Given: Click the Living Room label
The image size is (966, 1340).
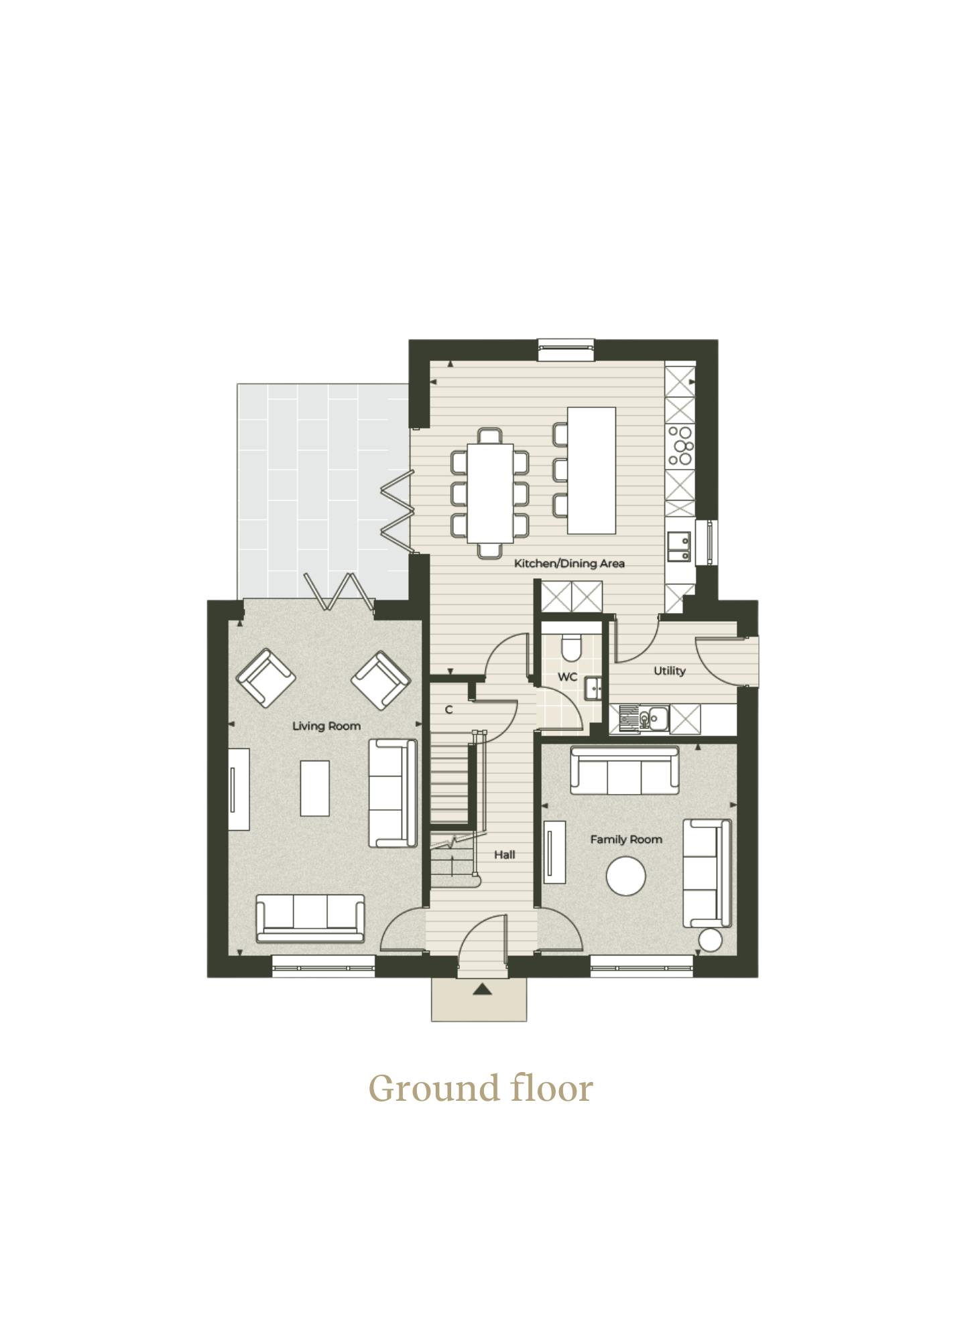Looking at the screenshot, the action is (326, 726).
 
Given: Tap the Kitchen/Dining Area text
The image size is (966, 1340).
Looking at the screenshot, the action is (569, 563).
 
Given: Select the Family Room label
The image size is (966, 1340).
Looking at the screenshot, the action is (626, 840).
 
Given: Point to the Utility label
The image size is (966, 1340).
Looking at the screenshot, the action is (670, 671).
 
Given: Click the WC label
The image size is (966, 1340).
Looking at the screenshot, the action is (567, 677).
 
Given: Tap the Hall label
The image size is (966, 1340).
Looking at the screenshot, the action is (505, 854).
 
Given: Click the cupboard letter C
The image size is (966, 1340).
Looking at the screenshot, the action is (448, 710).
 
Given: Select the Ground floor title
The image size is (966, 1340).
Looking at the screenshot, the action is (481, 1088).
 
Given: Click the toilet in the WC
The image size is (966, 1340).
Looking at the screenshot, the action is (570, 646).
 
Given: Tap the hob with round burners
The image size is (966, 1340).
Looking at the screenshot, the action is (680, 446).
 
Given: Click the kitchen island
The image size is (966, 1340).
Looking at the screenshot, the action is (591, 470).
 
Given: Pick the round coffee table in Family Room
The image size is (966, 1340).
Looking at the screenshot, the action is (626, 876).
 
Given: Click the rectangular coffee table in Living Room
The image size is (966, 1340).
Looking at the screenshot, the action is (314, 788).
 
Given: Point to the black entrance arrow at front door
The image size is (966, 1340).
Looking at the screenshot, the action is (482, 989).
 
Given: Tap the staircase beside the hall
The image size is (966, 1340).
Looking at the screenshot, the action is (453, 811).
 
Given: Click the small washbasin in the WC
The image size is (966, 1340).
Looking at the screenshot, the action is (593, 689).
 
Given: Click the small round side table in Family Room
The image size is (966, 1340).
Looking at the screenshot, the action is (709, 940).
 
